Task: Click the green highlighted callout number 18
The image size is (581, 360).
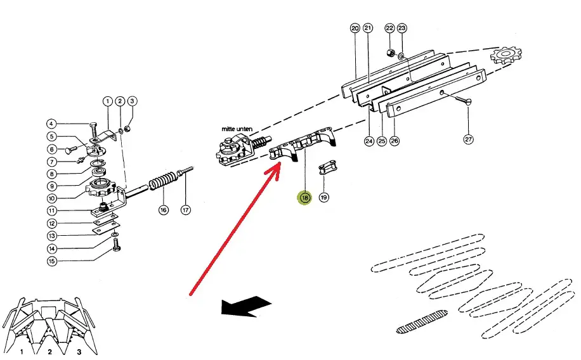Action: (x=305, y=198)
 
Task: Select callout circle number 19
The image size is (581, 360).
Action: (x=324, y=198)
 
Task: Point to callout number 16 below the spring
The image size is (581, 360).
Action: (x=164, y=209)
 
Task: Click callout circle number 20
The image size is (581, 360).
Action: (x=355, y=28)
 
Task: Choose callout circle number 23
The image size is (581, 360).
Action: (x=401, y=28)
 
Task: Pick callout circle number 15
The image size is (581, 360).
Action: (x=52, y=261)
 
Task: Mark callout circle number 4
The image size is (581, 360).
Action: (x=52, y=124)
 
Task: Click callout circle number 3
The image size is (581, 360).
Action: (x=131, y=101)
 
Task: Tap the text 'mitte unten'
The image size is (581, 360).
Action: (x=237, y=129)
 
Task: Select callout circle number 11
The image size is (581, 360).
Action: (x=52, y=210)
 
